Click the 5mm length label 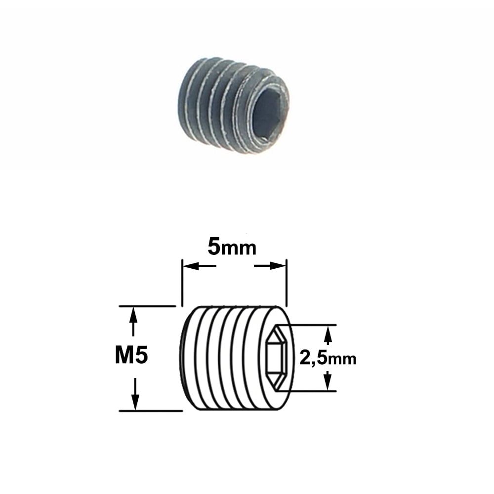[232, 247]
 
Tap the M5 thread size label [131, 356]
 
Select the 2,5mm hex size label [328, 358]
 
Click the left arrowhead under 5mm [191, 267]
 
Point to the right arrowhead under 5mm [278, 267]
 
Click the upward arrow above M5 [133, 322]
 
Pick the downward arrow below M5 [135, 394]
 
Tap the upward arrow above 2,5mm [328, 335]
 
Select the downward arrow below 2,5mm [328, 381]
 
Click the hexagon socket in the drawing [276, 358]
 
